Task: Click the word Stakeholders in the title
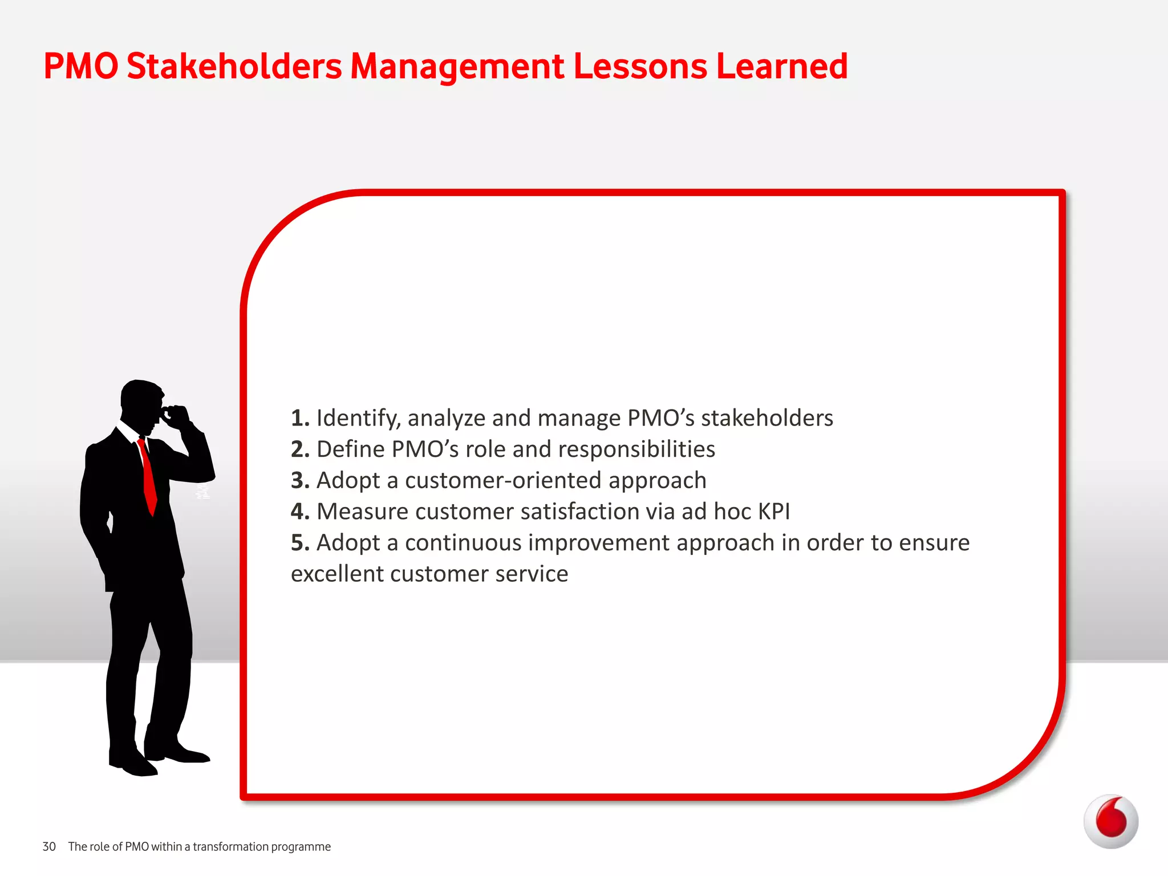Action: [x=234, y=66]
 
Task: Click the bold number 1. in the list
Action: [x=300, y=418]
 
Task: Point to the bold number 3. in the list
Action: [x=300, y=480]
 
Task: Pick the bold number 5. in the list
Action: [x=300, y=542]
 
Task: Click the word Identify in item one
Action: [x=358, y=418]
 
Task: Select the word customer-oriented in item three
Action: [x=503, y=480]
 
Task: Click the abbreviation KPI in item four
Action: [x=773, y=512]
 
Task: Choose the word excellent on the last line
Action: [x=336, y=574]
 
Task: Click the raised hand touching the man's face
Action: [x=177, y=415]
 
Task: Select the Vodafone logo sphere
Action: [x=1110, y=821]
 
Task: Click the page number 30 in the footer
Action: [x=49, y=846]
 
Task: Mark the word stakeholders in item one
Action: [x=766, y=418]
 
